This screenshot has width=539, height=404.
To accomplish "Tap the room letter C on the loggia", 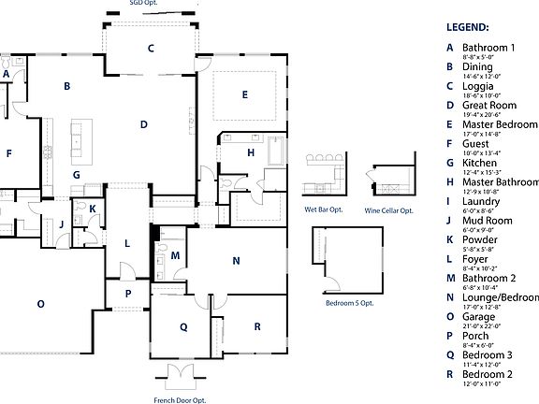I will pyautogui.click(x=150, y=48).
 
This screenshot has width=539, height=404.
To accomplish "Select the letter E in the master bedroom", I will pyautogui.click(x=244, y=94).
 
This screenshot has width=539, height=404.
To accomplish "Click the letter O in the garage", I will pyautogui.click(x=40, y=304).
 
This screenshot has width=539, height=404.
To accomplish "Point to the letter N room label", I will pyautogui.click(x=236, y=261).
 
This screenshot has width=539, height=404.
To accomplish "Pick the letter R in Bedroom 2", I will pyautogui.click(x=255, y=327).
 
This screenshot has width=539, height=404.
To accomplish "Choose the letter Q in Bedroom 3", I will pyautogui.click(x=183, y=326).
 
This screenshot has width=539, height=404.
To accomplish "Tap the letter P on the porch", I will pyautogui.click(x=128, y=294).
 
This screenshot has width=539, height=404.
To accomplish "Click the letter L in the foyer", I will pyautogui.click(x=127, y=243).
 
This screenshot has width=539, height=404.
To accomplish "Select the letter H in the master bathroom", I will pyautogui.click(x=251, y=152).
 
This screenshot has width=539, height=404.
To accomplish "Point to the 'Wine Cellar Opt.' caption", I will pyautogui.click(x=388, y=211).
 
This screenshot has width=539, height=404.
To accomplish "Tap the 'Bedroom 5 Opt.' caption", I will pyautogui.click(x=349, y=304).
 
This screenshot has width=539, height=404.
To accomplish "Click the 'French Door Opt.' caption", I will pyautogui.click(x=179, y=399).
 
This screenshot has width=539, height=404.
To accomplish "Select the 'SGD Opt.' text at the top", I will pyautogui.click(x=143, y=3).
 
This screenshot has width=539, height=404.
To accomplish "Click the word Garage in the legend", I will pyautogui.click(x=478, y=317).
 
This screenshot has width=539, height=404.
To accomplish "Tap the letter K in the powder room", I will pyautogui.click(x=92, y=209).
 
